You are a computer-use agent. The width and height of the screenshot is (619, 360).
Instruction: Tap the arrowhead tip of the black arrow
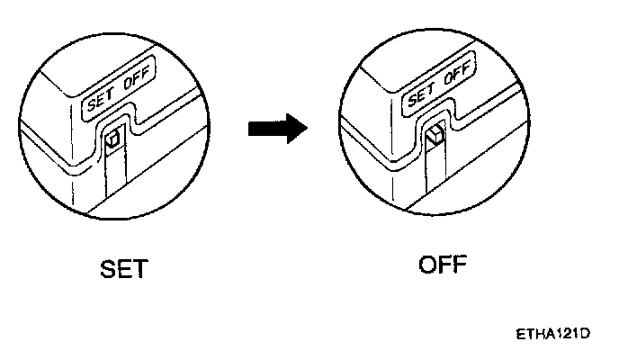click(x=306, y=130)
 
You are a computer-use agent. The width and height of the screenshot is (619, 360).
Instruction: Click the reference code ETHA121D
click(x=553, y=334)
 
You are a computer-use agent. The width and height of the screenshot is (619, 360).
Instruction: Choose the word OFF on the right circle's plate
click(x=461, y=72)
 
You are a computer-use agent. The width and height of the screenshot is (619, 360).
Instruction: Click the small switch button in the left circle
click(x=113, y=140)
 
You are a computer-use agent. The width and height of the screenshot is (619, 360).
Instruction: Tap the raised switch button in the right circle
click(x=435, y=137)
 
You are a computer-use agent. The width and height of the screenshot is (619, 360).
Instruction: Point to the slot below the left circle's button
click(x=113, y=175)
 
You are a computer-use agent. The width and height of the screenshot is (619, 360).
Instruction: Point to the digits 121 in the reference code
click(x=563, y=334)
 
